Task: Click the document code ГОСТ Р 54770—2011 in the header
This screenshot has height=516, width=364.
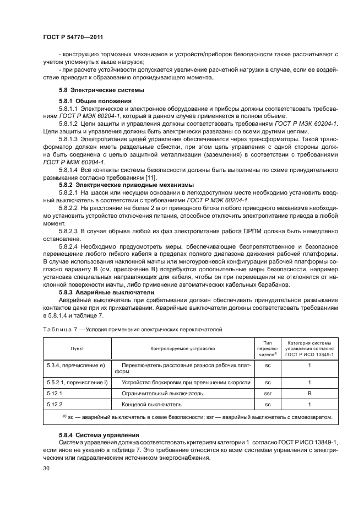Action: (x=73, y=37)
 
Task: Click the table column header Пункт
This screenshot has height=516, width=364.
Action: (x=77, y=349)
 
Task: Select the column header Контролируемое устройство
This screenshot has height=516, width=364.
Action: (x=182, y=349)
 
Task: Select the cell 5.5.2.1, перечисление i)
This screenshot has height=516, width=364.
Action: (x=75, y=382)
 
